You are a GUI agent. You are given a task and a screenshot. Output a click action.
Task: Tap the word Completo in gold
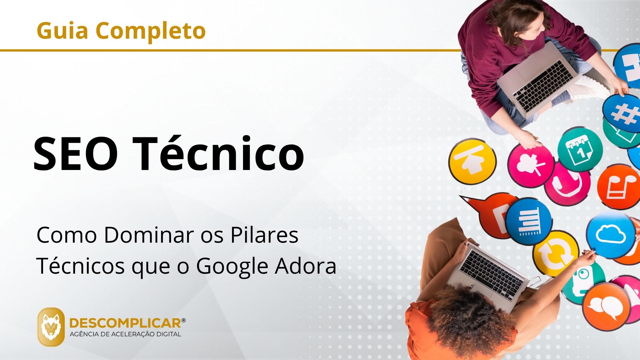click(x=151, y=31)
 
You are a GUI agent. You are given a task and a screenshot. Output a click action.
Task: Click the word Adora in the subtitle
click(x=305, y=266)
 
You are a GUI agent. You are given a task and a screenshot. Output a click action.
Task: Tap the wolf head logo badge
click(x=51, y=327)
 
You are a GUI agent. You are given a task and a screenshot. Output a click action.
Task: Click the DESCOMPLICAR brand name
click(x=125, y=323)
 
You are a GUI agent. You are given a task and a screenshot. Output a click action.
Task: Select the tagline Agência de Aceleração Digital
click(x=125, y=334)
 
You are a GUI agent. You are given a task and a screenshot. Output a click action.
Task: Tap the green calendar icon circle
click(x=580, y=150)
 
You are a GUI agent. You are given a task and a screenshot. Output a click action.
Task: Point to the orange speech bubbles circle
click(x=606, y=307)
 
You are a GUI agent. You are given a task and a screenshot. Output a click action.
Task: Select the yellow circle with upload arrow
click(x=472, y=161)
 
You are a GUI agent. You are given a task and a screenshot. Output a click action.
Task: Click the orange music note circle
click(x=619, y=187)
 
